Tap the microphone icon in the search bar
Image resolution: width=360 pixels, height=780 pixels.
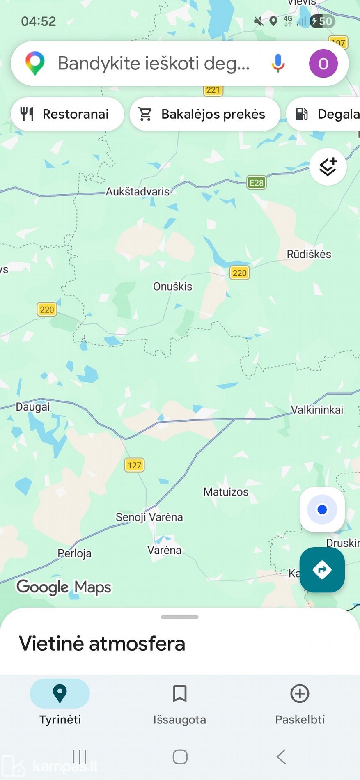tap(278, 63)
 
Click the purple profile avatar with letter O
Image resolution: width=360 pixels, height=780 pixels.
tap(323, 64)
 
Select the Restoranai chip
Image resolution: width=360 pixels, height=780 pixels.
tap(67, 114)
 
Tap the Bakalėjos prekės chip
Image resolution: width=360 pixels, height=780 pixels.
tap(205, 114)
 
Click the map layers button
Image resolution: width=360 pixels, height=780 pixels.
tap(328, 167)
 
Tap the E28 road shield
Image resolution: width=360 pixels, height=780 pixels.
tap(257, 183)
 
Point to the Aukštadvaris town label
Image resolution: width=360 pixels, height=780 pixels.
tap(138, 192)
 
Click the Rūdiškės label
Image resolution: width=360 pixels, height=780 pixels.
tap(309, 254)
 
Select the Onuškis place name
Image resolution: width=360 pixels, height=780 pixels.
tap(172, 287)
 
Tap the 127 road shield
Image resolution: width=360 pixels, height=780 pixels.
tap(134, 465)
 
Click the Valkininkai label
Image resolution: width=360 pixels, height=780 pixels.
tap(317, 410)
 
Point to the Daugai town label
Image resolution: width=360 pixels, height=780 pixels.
tap(33, 407)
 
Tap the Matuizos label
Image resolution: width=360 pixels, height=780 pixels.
tap(226, 492)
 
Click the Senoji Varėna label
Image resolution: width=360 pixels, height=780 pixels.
tap(149, 517)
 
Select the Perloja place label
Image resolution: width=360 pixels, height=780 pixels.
tap(74, 553)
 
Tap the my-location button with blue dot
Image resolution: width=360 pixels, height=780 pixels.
tap(322, 509)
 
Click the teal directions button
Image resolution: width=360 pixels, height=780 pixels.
tap(322, 569)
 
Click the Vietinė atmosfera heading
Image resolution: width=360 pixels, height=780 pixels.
tap(102, 643)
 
